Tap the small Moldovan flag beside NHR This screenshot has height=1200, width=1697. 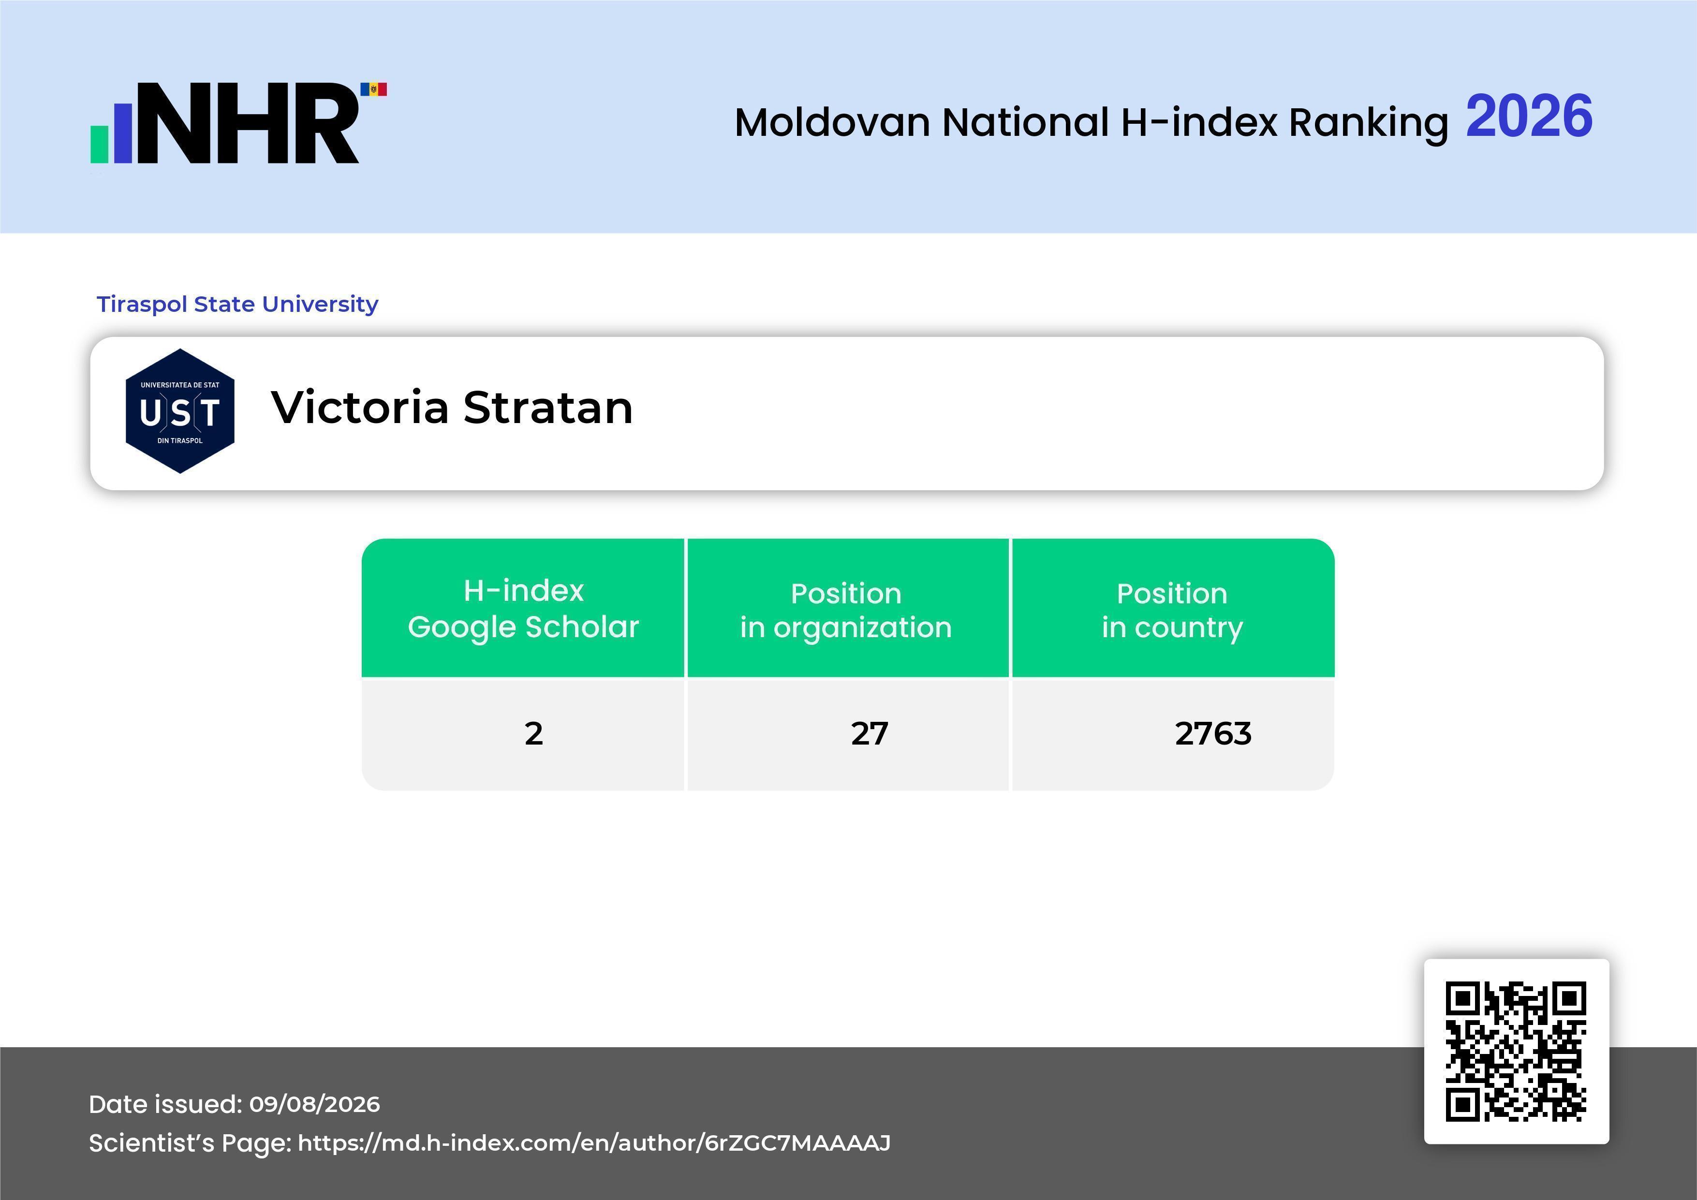point(373,89)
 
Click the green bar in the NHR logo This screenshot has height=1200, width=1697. point(100,144)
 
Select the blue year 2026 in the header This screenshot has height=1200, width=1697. point(1529,116)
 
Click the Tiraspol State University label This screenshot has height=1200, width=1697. point(237,304)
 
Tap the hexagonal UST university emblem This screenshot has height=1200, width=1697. point(180,411)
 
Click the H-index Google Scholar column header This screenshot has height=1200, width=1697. point(523,608)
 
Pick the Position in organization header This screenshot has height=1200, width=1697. point(846,610)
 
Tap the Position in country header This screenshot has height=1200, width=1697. point(1172,610)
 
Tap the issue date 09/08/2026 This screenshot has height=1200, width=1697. point(315,1104)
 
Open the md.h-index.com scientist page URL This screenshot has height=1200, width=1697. point(594,1143)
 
